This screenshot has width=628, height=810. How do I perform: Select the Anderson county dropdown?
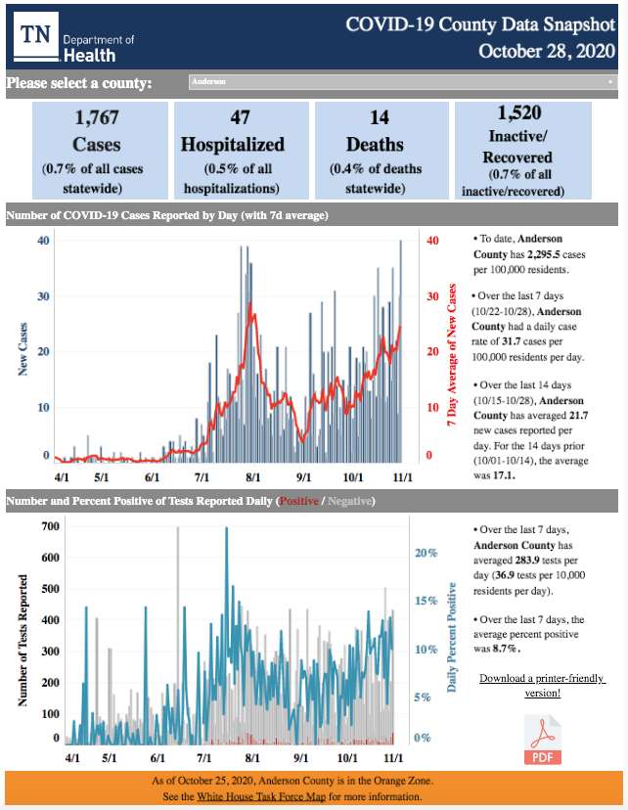[x=402, y=82]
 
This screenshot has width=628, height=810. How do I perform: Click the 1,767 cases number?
[x=98, y=118]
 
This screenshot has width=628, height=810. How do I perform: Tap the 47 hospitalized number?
[x=240, y=118]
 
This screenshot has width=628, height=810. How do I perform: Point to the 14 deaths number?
[x=380, y=118]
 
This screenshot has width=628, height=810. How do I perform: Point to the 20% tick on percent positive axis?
[x=424, y=553]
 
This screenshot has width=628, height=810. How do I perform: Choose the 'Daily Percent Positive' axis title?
[x=453, y=637]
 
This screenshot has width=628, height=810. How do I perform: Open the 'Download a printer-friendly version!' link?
[x=542, y=685]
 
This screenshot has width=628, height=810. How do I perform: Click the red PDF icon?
[x=543, y=740]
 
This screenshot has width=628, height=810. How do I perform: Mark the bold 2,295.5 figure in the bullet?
[x=547, y=253]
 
